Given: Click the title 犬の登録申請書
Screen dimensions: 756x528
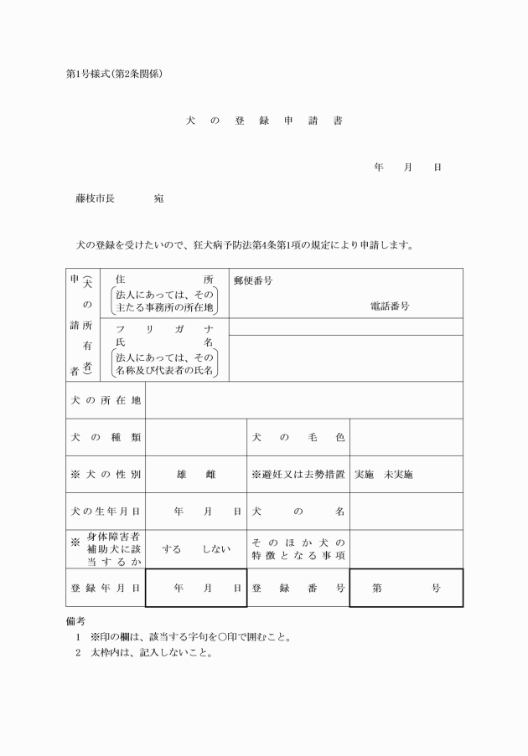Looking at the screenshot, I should (x=263, y=121).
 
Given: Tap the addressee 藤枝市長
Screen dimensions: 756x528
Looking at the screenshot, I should (x=95, y=199).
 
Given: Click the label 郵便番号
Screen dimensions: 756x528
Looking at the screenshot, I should (x=253, y=280).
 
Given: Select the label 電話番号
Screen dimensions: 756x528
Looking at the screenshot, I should (x=389, y=306).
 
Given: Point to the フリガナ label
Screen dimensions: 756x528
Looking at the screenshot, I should (x=164, y=329).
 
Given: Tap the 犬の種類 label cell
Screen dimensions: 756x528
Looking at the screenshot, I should (x=105, y=437).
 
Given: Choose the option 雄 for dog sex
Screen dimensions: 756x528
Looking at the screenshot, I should (x=181, y=475).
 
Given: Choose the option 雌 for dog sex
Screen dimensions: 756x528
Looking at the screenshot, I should (x=210, y=475).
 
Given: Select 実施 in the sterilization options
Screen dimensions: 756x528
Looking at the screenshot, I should (x=364, y=475).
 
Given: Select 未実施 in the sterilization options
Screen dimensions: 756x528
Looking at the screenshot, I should (x=397, y=475).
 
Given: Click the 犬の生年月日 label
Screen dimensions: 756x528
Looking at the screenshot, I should (x=105, y=511).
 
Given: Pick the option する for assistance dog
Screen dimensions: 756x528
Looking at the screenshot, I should (x=172, y=549).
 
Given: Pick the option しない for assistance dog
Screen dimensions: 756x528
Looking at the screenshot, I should (x=215, y=549).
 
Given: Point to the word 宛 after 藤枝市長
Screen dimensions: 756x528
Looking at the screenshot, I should (x=158, y=199).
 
